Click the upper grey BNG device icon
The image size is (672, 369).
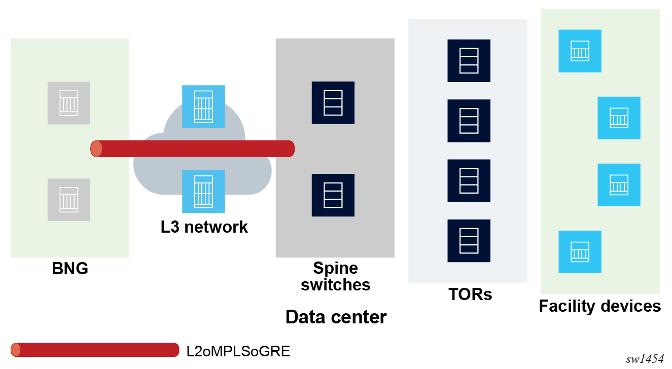[x=69, y=103]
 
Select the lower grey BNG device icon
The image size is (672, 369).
[x=69, y=200]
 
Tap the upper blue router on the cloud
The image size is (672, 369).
[x=203, y=106]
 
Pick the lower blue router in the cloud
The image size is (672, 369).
[x=203, y=192]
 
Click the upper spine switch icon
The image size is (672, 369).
[x=333, y=103]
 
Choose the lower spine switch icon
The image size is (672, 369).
[x=333, y=195]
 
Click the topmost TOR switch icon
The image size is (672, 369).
[x=469, y=61]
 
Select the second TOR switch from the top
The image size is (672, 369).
[x=469, y=121]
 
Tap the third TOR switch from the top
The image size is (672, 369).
[x=469, y=180]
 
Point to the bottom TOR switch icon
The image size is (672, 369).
[x=469, y=241]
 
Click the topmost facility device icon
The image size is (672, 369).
[x=580, y=51]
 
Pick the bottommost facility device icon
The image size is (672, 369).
[x=580, y=252]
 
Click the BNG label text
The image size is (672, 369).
[x=70, y=269]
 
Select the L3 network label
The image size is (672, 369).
[x=204, y=227]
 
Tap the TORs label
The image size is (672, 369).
[x=470, y=294]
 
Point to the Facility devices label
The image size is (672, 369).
[x=599, y=306]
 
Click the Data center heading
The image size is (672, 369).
[x=336, y=317]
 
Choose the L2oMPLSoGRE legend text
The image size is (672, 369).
[x=238, y=351]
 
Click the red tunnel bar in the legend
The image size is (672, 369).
[x=95, y=350]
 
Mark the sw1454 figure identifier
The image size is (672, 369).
[x=645, y=359]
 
